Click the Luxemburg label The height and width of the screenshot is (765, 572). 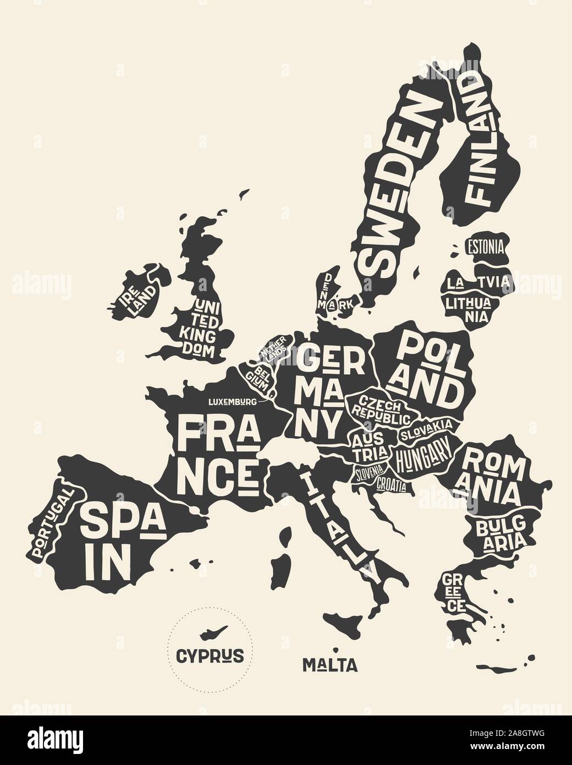[x=231, y=402]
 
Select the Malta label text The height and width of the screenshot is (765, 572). [x=330, y=665]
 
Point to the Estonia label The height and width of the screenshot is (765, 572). [x=484, y=247]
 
